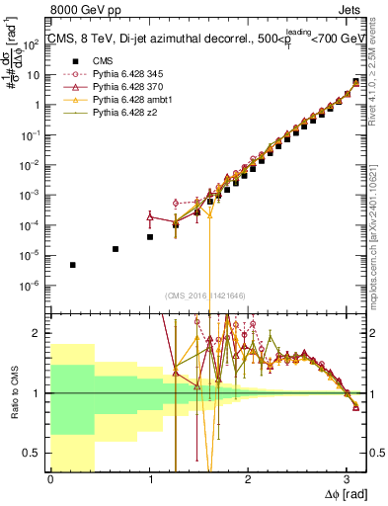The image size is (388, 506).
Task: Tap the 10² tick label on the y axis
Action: [33, 42]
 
